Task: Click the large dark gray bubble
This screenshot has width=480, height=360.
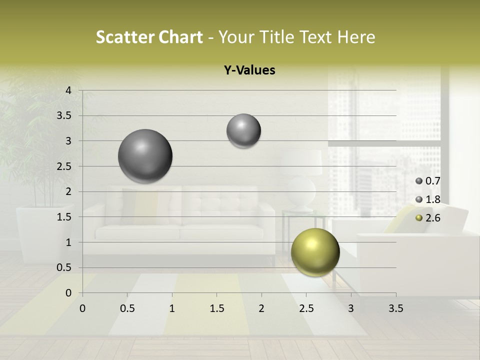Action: coord(145,156)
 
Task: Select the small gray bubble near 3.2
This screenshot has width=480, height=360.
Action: coord(243,130)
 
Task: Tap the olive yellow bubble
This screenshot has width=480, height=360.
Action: coord(315,252)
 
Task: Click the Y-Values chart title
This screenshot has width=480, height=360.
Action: coord(249,70)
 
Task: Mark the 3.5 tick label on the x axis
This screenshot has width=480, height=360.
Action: coord(395,308)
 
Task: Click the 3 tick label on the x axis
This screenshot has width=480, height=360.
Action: coord(351,308)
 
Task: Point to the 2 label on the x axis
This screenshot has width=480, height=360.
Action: coord(261,308)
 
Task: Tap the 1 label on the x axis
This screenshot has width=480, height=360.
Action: coord(172,308)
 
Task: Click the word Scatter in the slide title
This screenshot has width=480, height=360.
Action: coord(125,37)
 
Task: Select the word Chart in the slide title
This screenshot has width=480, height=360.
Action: coord(180,37)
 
